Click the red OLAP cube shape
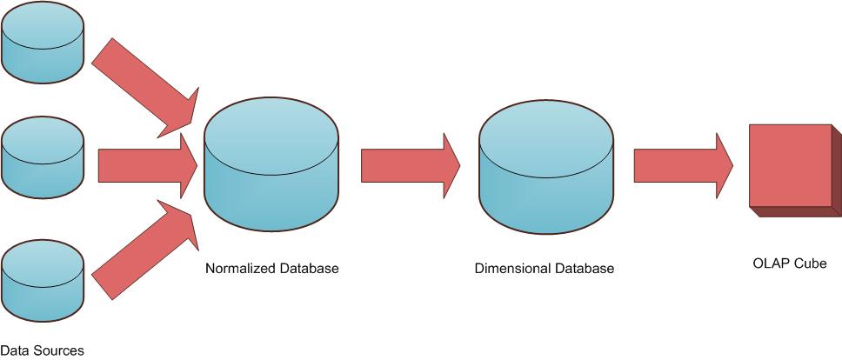pos(790,165)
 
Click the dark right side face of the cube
pos(837,170)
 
